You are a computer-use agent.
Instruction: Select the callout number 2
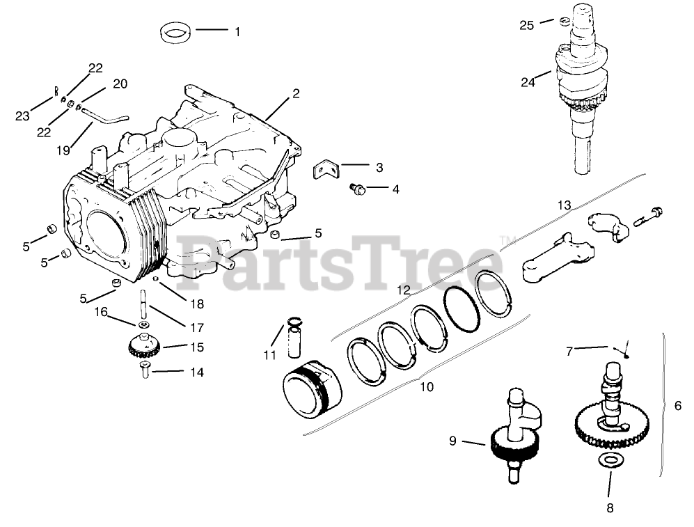point(296,93)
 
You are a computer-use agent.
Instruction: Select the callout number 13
point(564,205)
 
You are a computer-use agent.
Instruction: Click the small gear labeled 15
point(143,345)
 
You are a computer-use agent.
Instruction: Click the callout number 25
point(527,26)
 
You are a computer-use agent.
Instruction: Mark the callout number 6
point(678,406)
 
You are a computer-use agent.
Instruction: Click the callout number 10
point(427,386)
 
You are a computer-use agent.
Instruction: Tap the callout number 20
point(120,84)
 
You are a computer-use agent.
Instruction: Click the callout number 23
point(22,116)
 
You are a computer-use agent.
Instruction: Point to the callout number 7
point(569,352)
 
